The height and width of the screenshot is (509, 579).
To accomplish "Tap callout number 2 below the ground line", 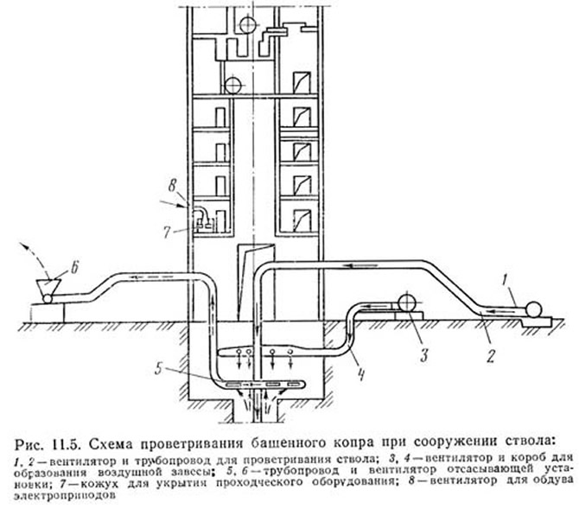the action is pyautogui.click(x=490, y=356).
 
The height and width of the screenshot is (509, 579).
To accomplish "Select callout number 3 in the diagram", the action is pyautogui.click(x=423, y=354).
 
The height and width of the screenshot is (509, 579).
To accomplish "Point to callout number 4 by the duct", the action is pyautogui.click(x=361, y=374).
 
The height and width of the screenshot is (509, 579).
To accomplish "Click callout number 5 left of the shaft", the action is pyautogui.click(x=159, y=368).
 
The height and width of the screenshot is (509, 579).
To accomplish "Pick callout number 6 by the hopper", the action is pyautogui.click(x=74, y=268).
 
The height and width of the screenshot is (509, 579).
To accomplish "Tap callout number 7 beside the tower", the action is pyautogui.click(x=168, y=232).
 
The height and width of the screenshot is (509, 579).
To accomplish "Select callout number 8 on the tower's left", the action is pyautogui.click(x=172, y=186).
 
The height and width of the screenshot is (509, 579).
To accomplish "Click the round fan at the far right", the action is pyautogui.click(x=533, y=309).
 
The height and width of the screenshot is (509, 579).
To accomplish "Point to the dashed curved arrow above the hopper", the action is pyautogui.click(x=35, y=258).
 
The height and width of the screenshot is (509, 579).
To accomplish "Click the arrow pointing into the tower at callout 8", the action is pyautogui.click(x=173, y=204).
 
